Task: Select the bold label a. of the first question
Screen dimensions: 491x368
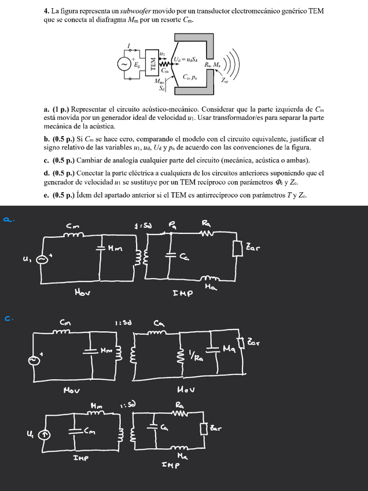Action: pos(46,109)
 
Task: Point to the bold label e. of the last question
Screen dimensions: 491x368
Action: pos(46,195)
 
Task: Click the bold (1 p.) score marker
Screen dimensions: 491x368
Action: pos(62,109)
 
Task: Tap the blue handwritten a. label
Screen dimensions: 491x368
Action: pos(8,219)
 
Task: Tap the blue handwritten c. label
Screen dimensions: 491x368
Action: pos(8,317)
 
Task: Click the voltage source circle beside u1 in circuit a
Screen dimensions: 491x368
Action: pos(42,259)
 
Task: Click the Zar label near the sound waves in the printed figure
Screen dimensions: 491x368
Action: pos(224,82)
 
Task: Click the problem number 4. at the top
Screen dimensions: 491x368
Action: pos(46,11)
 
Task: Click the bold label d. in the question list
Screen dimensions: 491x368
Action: pos(46,173)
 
